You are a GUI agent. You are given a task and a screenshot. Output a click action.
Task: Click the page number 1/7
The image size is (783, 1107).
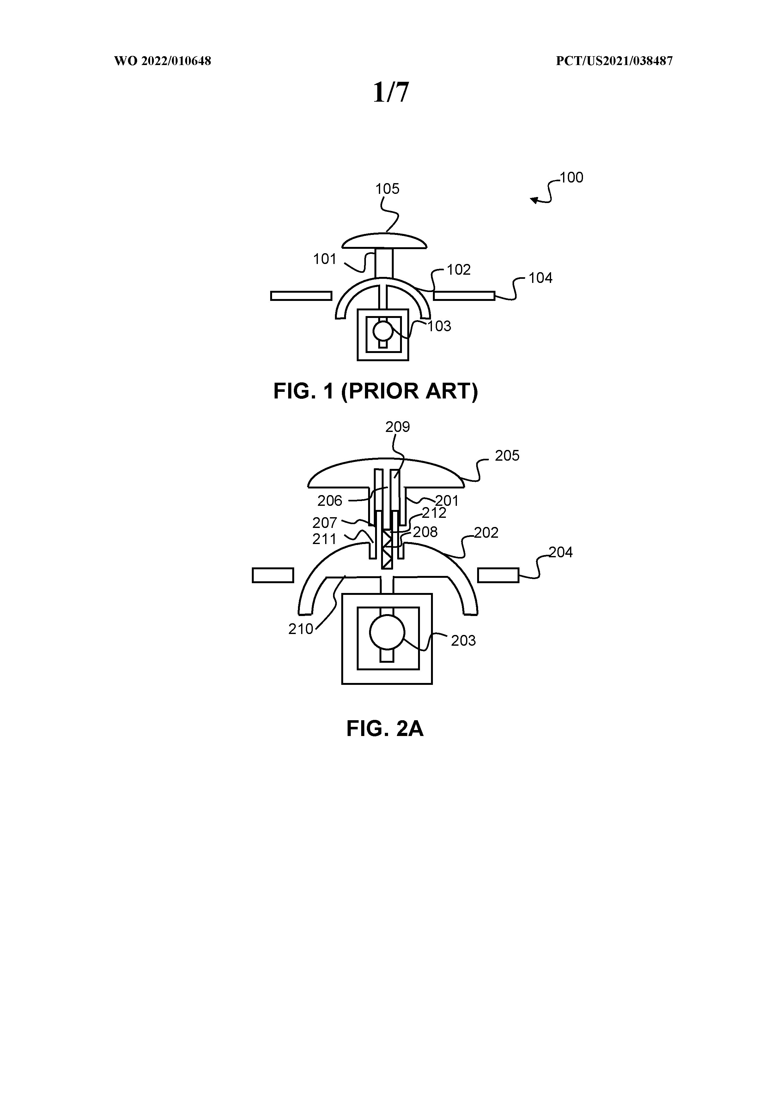391,92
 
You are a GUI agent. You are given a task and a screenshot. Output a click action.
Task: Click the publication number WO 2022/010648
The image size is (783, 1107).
163,61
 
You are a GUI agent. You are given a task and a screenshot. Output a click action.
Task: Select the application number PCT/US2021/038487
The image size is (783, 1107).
614,61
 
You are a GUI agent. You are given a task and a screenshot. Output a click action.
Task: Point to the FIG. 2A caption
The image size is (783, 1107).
385,728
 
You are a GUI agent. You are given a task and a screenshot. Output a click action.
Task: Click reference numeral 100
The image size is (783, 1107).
571,177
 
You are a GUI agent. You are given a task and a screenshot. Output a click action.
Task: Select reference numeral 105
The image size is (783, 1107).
387,189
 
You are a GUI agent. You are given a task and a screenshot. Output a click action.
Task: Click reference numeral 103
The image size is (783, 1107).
439,326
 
